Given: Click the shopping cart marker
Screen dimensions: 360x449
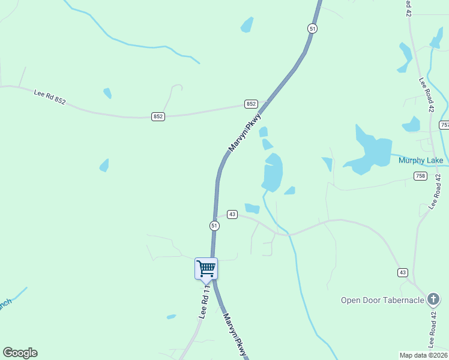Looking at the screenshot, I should (206, 269).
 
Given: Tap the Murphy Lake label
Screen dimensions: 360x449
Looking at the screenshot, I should (421, 160).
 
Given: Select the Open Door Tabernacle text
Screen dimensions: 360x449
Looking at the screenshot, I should (382, 301).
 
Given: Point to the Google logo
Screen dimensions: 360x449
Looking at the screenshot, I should (20, 353).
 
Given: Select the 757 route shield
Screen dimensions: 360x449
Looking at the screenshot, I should (444, 125).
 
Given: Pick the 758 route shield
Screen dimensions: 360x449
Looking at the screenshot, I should (420, 176).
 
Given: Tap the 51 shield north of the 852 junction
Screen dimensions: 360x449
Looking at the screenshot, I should (312, 28).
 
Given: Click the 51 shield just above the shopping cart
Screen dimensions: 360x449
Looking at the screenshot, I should (214, 226).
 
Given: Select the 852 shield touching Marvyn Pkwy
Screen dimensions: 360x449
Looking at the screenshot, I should (251, 104).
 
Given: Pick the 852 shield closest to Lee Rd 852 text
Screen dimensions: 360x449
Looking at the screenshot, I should (158, 116).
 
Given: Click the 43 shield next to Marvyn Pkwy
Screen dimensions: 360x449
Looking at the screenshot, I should (232, 214).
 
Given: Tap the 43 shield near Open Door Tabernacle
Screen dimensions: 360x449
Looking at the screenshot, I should (402, 272).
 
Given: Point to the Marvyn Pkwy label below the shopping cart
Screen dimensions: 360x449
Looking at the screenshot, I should (235, 334).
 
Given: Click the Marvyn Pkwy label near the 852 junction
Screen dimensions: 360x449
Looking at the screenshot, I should (245, 133).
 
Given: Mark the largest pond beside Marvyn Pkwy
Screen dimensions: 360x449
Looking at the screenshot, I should (273, 173).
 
